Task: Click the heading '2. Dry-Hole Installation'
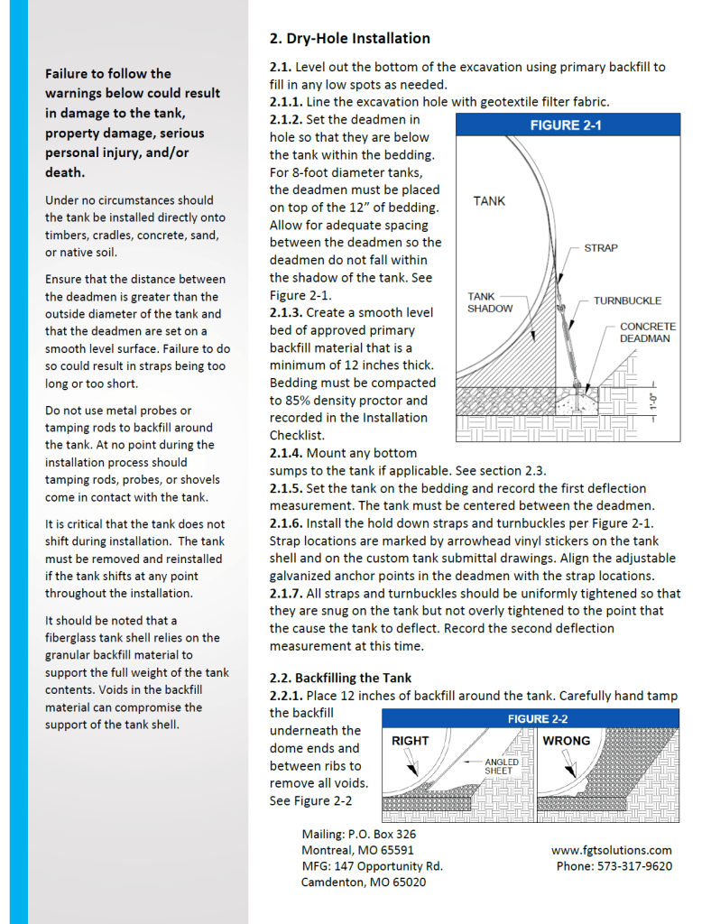[x=349, y=39]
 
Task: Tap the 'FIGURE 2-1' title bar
[x=567, y=125]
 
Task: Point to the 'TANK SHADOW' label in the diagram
[x=489, y=302]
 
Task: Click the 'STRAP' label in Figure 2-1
[x=601, y=247]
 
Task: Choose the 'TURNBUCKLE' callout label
[x=626, y=300]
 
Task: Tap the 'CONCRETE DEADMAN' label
[x=647, y=332]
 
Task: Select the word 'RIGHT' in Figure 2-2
[x=410, y=741]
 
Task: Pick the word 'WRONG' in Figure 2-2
[x=566, y=741]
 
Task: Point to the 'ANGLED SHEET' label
[x=501, y=766]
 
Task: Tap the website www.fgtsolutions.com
[x=611, y=850]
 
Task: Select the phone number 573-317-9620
[x=614, y=866]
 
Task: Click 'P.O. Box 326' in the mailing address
[x=383, y=835]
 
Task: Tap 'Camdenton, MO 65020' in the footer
[x=363, y=882]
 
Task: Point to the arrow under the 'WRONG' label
[x=569, y=767]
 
